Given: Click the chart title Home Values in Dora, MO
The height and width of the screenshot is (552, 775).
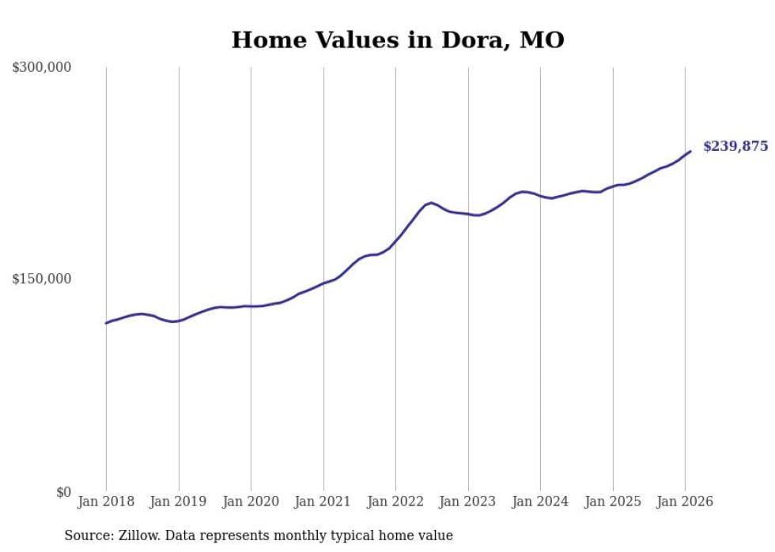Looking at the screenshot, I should [398, 39].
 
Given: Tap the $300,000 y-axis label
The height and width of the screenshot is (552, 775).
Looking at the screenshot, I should [42, 67].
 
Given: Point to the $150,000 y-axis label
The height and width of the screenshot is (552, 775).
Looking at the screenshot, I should [42, 279].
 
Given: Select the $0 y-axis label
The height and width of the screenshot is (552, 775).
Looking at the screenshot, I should [63, 492].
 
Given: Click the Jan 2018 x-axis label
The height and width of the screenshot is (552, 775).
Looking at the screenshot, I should [106, 501].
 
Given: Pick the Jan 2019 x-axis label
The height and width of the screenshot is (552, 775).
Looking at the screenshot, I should [178, 501].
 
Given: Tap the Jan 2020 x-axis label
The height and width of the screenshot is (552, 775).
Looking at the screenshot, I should [251, 501].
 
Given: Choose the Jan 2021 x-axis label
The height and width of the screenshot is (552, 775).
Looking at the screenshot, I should [323, 501].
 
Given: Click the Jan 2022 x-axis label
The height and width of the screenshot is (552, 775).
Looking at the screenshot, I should [395, 501].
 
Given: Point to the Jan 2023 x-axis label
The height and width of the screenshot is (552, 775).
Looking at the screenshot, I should [467, 501].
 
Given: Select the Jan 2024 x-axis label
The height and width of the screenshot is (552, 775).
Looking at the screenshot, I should [540, 501].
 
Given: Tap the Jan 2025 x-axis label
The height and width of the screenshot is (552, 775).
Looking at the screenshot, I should [612, 501].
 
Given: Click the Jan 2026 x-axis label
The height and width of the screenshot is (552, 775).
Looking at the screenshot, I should [685, 501].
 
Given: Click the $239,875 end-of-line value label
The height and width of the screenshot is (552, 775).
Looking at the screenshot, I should [735, 146].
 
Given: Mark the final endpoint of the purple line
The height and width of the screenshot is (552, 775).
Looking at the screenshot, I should [690, 151].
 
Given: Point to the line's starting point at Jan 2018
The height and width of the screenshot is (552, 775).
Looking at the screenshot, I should [106, 323].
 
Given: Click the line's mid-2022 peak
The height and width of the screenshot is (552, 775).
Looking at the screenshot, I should [431, 203].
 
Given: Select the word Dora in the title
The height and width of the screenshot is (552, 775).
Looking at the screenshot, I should [468, 39].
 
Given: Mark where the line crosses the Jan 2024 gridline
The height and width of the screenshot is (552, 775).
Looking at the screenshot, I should [540, 195].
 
